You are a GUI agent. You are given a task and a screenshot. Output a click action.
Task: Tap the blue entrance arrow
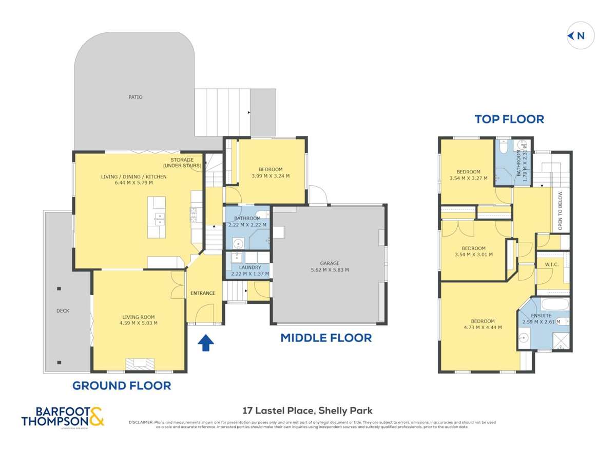(x=205, y=343)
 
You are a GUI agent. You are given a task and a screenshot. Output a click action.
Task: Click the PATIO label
(x=136, y=97)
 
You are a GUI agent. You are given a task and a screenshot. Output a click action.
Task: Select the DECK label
(x=63, y=311)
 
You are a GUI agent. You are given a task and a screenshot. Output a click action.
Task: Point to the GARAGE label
(x=329, y=263)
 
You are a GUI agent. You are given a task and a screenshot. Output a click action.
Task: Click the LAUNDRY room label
(x=250, y=267)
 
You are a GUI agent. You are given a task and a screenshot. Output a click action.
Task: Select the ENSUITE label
(x=541, y=316)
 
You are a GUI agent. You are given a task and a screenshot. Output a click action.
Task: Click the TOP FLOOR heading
(x=509, y=119)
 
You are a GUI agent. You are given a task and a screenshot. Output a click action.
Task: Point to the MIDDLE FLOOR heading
(x=325, y=338)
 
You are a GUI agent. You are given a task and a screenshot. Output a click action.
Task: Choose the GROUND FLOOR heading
(x=121, y=385)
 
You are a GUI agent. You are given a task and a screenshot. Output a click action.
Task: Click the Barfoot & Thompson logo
(x=63, y=416)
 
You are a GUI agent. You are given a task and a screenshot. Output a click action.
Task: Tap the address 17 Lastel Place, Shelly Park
(x=307, y=410)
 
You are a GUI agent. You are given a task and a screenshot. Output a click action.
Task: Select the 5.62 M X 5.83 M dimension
(x=329, y=269)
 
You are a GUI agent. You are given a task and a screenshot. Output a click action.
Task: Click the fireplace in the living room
(x=140, y=364)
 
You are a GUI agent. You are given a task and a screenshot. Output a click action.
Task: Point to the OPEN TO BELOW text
(x=560, y=210)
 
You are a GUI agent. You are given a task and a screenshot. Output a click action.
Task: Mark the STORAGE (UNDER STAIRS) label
(x=182, y=163)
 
